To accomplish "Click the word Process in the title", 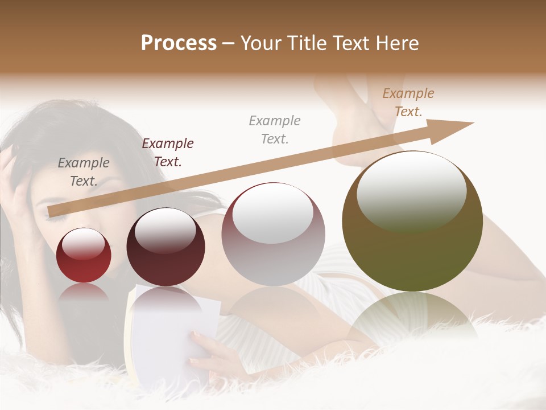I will point(179,43).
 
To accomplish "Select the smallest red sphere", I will point(84,255).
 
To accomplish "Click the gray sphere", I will point(273,234).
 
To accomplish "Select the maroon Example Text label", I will point(168,153).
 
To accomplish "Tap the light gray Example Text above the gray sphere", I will point(275,129).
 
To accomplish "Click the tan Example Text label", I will point(408,102).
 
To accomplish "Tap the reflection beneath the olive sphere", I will point(412,316).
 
